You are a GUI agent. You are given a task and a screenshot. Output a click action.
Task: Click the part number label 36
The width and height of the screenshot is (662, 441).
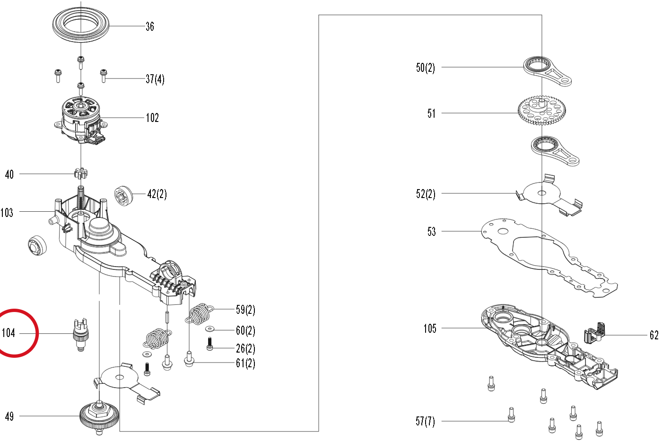[150, 26]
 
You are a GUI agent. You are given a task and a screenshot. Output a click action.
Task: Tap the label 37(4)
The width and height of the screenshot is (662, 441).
[155, 79]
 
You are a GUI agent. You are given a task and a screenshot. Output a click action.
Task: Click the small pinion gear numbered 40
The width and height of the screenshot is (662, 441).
[81, 173]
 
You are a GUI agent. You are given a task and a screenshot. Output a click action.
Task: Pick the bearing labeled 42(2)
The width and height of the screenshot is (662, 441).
[123, 196]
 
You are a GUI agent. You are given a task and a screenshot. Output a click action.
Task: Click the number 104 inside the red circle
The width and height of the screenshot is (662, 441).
[9, 333]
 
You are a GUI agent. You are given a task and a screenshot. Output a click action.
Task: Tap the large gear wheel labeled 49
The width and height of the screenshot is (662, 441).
[99, 417]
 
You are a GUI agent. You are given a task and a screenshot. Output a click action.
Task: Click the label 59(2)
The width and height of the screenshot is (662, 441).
[245, 310]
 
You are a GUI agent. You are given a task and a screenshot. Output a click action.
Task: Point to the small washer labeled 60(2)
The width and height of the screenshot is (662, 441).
[209, 329]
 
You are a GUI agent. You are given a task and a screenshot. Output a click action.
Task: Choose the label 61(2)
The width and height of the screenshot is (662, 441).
[245, 363]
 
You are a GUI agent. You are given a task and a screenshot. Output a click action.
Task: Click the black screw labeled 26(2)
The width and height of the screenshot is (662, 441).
[209, 344]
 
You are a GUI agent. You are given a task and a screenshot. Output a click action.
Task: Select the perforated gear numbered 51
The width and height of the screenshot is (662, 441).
[542, 110]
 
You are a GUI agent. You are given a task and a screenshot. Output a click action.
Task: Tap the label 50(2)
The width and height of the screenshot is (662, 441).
[425, 68]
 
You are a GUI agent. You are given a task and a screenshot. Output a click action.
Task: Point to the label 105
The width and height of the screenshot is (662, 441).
[430, 328]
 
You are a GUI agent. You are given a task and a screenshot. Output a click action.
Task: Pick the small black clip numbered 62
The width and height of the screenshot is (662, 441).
[594, 333]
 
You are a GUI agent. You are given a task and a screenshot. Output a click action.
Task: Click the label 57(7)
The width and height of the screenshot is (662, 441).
[425, 421]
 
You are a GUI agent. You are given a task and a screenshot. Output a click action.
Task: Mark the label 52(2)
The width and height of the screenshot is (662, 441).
[426, 194]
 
